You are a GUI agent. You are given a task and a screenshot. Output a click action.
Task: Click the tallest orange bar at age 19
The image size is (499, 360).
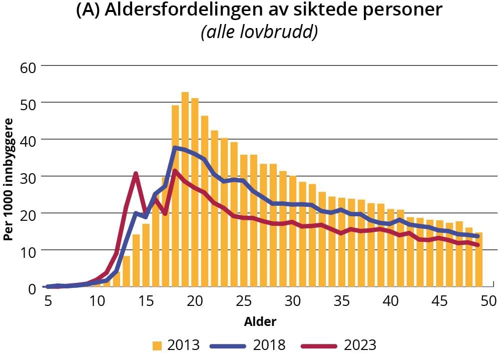[185, 190]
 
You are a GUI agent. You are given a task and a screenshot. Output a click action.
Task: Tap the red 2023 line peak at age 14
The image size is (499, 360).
[136, 174]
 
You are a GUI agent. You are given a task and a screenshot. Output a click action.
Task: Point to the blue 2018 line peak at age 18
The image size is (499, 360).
[175, 148]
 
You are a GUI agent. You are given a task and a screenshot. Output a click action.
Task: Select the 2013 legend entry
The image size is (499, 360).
[176, 345]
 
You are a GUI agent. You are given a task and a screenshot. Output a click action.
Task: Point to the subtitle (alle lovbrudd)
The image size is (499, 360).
[259, 33]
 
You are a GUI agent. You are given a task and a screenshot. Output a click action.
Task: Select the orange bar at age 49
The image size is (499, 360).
[479, 260]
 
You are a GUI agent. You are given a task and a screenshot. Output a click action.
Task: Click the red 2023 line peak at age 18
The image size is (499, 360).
[175, 171]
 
